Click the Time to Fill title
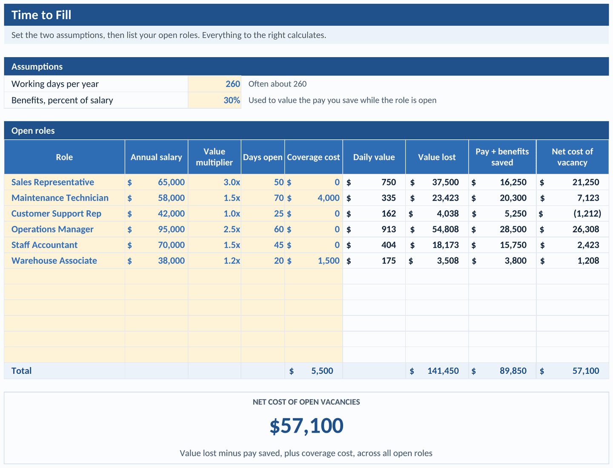point(41,15)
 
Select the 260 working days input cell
point(215,84)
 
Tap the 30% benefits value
point(215,100)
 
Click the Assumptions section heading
point(37,66)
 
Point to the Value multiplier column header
point(214,157)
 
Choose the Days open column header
point(263,157)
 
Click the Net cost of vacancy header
point(572,157)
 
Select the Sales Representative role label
point(52,182)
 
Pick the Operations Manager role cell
point(65,229)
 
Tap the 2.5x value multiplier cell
point(215,229)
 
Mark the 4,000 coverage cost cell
point(314,198)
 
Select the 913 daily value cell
point(374,229)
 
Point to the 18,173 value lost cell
point(437,245)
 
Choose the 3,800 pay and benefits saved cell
point(502,260)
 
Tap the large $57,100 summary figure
point(306,426)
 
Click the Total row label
point(22,371)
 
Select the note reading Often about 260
point(277,84)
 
